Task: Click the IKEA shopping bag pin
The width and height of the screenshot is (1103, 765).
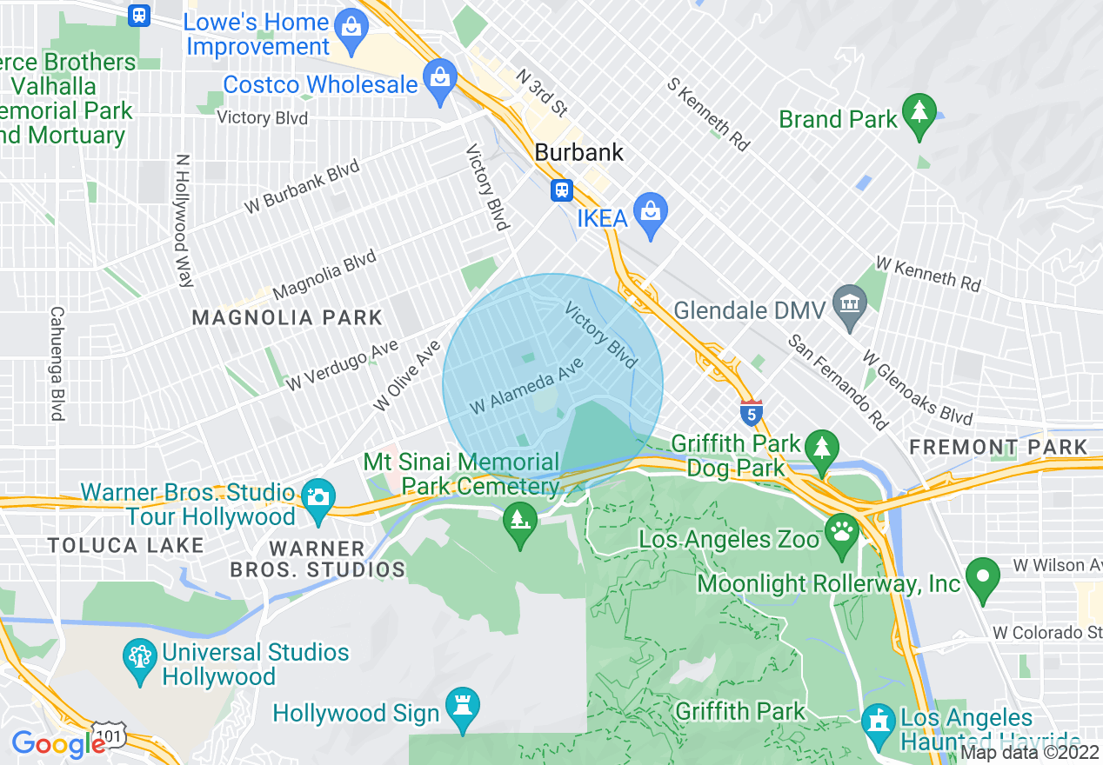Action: [x=650, y=211]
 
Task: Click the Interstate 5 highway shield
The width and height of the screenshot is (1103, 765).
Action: [x=752, y=412]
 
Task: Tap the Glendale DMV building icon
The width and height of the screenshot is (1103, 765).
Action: [x=848, y=303]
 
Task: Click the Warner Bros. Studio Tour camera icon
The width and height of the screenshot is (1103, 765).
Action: [x=318, y=497]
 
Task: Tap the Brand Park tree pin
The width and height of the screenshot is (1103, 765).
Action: [x=919, y=113]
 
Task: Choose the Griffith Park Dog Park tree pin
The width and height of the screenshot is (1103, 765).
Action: [x=821, y=447]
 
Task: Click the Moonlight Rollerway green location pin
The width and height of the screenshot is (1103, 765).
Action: [x=983, y=577]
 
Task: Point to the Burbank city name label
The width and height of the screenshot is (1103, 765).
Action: [x=578, y=152]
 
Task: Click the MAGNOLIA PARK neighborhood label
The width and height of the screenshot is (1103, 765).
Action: [x=287, y=317]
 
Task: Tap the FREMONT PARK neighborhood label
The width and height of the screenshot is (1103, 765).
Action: [x=998, y=447]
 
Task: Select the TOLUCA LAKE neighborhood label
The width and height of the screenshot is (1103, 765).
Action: [x=126, y=546]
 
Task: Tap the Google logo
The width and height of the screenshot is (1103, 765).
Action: [x=57, y=744]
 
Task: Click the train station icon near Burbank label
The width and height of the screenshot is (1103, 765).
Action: [x=561, y=190]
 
